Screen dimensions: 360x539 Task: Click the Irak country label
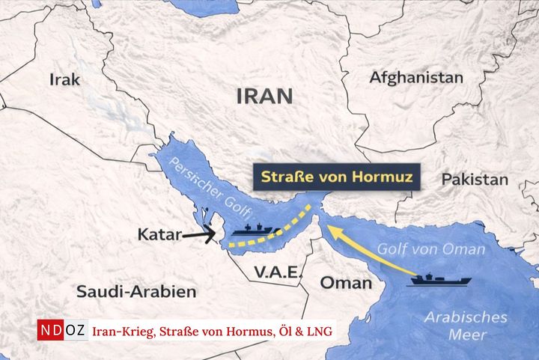[64, 79]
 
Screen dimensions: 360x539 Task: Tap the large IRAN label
[264, 96]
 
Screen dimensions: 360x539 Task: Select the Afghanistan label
[416, 77]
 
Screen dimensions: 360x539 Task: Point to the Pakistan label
[475, 180]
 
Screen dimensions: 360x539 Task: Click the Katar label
[159, 235]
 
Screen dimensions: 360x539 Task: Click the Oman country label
[346, 283]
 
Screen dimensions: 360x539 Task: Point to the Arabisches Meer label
[466, 326]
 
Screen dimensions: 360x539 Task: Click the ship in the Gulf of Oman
[440, 281]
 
